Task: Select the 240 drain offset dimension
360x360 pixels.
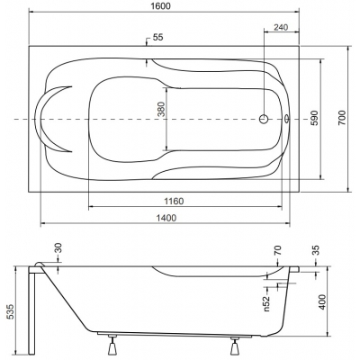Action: [281, 27]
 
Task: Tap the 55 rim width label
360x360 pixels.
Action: [158, 37]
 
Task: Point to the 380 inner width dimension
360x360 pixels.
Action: [161, 109]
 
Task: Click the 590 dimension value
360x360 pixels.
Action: [314, 118]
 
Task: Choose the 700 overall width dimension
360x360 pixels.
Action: [342, 118]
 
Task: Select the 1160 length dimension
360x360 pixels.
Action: [174, 201]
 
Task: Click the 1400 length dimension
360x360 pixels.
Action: [166, 218]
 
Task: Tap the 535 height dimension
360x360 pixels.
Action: [10, 312]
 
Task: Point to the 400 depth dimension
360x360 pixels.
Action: [322, 302]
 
